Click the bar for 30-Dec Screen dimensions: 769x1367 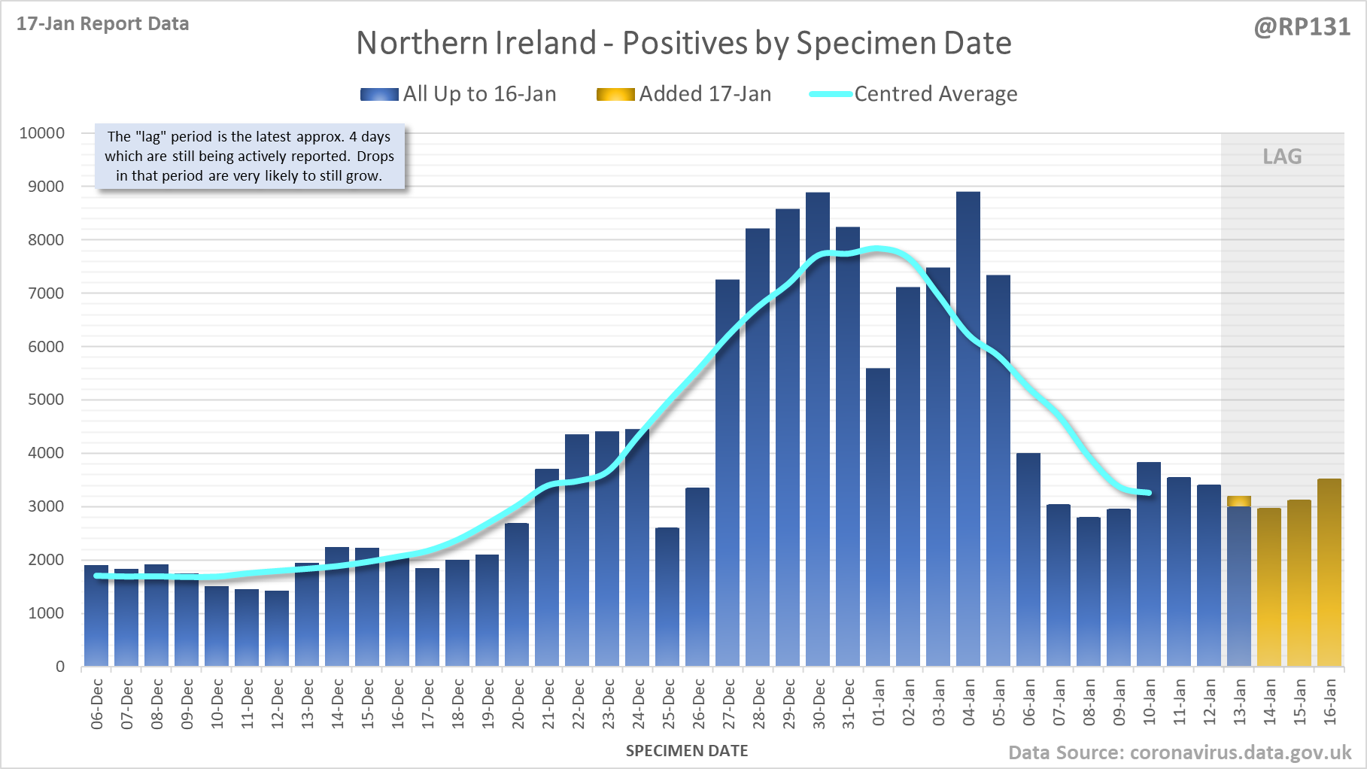click(818, 429)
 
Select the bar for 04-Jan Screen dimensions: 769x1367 click(968, 429)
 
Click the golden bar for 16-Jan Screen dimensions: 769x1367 click(1329, 572)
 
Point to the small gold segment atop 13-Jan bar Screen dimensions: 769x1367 click(1239, 501)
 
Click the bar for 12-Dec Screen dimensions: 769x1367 click(277, 628)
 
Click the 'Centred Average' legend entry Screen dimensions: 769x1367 click(913, 94)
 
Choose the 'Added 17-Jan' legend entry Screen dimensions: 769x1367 click(684, 94)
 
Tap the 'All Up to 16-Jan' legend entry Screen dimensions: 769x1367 click(458, 94)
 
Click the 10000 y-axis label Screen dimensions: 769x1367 click(42, 133)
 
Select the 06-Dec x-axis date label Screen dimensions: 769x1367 click(97, 704)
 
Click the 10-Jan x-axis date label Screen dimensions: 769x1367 click(1150, 702)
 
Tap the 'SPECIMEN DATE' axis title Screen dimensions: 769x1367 click(687, 751)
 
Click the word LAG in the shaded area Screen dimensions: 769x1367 click(1282, 157)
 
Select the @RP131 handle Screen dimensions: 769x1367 click(1302, 27)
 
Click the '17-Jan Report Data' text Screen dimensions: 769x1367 click(103, 24)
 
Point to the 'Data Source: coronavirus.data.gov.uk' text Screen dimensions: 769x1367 click(1180, 753)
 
